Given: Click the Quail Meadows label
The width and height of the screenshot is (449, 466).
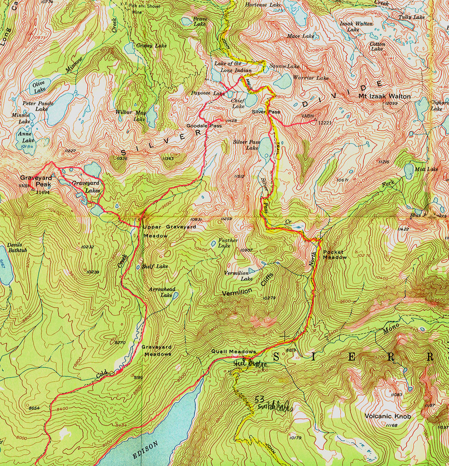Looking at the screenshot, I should click(x=233, y=352).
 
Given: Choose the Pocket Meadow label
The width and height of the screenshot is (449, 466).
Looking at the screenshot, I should click(x=335, y=255).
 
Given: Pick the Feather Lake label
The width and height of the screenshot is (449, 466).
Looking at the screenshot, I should click(x=228, y=243).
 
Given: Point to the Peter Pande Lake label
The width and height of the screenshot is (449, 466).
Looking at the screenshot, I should click(x=38, y=106).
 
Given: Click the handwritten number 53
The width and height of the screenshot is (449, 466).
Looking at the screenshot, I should click(x=259, y=399).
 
